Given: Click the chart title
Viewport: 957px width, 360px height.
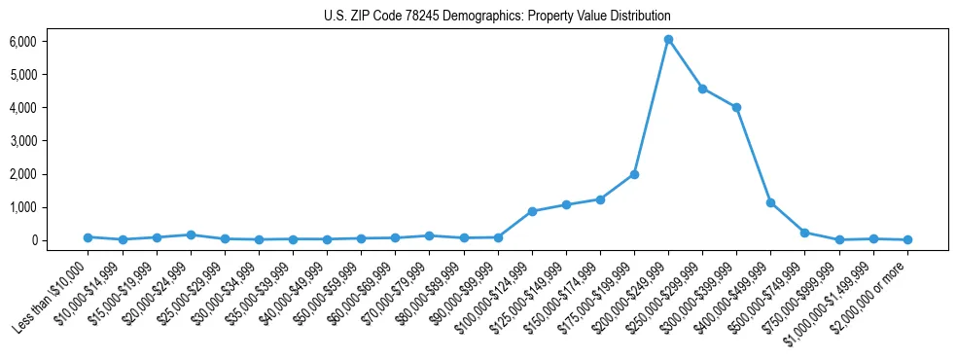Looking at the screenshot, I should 497,17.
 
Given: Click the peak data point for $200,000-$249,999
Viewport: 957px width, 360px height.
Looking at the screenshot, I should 668,40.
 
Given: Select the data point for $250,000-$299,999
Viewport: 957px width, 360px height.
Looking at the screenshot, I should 702,89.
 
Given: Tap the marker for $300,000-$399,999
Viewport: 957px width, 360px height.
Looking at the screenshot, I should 736,108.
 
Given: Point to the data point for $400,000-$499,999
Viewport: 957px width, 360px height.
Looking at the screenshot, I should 770,202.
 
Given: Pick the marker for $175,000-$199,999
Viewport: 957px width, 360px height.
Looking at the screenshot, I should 634,174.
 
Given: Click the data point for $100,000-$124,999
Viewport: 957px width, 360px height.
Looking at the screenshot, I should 532,211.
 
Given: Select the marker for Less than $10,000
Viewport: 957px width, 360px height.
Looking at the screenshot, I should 88,237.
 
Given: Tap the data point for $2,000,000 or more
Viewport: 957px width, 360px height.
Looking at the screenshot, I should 907,239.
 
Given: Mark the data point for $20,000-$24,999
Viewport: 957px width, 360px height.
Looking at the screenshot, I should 191,234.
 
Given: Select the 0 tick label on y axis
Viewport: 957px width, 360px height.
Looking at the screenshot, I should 32,240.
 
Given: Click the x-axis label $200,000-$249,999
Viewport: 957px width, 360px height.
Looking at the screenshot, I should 632,292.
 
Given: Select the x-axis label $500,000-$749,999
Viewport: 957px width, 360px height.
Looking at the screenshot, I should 768,292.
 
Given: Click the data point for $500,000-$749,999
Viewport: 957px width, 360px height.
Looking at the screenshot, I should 804,233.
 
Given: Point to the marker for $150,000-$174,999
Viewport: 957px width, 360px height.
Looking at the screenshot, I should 600,199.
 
